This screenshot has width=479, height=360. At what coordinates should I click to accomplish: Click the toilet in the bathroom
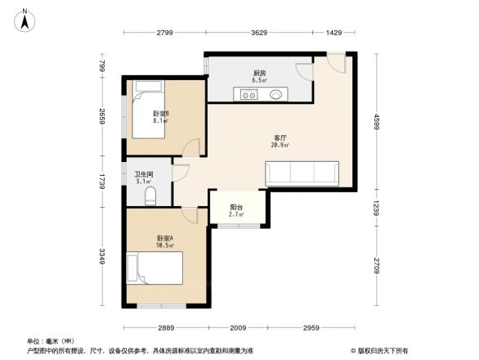(150, 196)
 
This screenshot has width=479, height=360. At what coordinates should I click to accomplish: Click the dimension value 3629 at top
(259, 33)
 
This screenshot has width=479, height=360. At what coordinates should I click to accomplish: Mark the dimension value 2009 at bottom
(239, 327)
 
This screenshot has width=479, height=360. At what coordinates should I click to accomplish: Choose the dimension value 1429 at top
(334, 33)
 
